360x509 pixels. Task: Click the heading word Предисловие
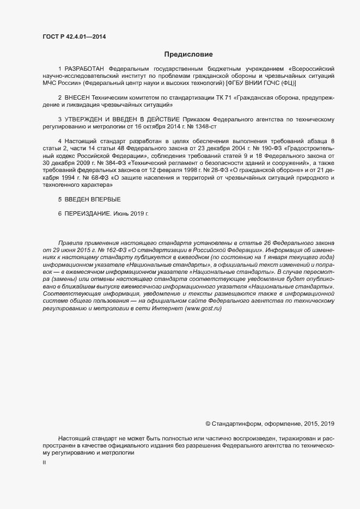coord(188,54)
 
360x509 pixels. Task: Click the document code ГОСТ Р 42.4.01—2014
coord(74,36)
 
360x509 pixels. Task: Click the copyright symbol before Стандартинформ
coord(209,423)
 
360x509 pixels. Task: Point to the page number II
coord(44,462)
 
